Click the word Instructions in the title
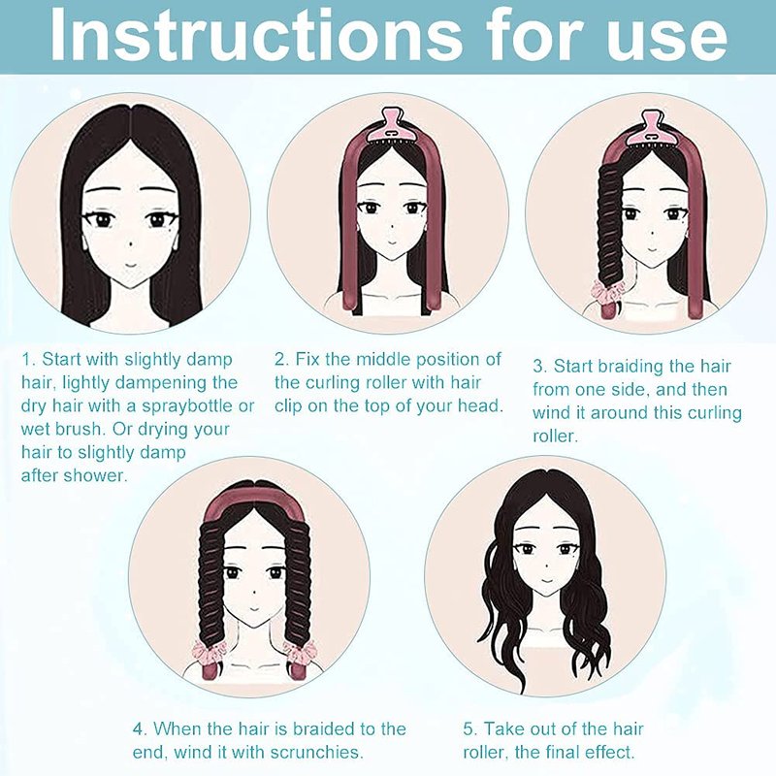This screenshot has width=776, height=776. click(255, 34)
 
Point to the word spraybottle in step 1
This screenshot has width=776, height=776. click(189, 406)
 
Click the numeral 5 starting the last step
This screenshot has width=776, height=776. click(469, 729)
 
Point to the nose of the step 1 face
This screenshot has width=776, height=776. click(130, 243)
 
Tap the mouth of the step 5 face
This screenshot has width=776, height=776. click(546, 580)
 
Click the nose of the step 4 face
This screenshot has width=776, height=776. click(254, 592)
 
